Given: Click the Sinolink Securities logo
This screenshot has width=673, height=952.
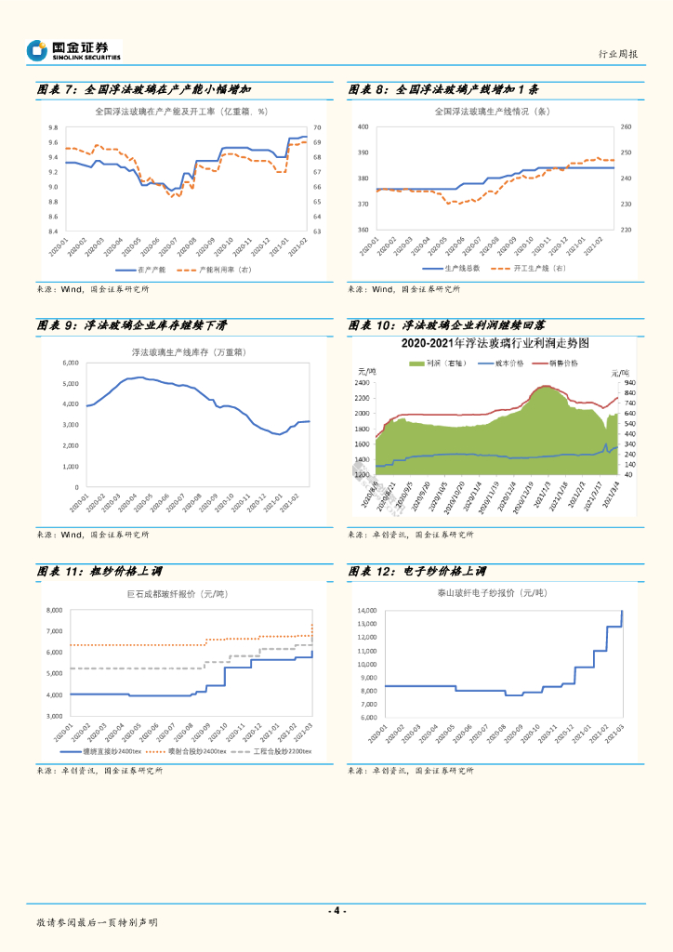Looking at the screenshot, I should click(74, 50).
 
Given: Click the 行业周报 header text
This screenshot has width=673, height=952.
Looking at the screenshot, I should click(618, 55).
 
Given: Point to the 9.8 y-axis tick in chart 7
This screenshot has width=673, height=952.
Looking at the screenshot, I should click(52, 127).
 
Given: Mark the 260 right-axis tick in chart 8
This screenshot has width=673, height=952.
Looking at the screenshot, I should click(626, 126).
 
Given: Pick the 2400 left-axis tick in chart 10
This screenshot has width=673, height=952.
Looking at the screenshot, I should click(364, 383).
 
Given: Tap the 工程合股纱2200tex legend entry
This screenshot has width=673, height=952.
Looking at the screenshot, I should click(277, 750).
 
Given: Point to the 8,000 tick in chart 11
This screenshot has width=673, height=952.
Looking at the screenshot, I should click(53, 610).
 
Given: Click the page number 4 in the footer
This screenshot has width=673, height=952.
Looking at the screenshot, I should click(337, 910).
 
